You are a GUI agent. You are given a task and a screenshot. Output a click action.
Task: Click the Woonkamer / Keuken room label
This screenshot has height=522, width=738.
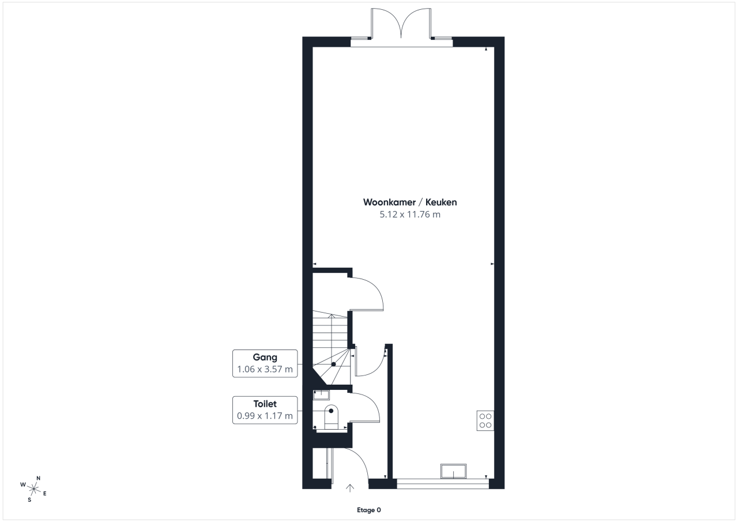(x=410, y=202)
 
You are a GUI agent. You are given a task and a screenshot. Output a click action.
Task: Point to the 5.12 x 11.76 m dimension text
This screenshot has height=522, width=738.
(x=410, y=215)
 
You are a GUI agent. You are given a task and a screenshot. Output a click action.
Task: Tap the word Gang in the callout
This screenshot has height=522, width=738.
(x=265, y=358)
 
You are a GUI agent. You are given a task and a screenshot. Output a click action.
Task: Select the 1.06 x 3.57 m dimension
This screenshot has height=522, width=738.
(x=265, y=369)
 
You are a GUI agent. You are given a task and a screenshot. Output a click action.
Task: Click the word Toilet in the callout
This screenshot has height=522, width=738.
(x=265, y=404)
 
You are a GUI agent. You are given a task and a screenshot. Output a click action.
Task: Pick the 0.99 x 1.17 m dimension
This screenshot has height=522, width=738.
(x=265, y=416)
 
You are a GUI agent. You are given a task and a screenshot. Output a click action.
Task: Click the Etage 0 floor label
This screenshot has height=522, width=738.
(x=368, y=510)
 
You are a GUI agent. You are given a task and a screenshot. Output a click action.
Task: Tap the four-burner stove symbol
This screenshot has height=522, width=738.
(x=485, y=420)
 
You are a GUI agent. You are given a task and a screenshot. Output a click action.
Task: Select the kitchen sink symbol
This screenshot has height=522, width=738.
(x=453, y=471)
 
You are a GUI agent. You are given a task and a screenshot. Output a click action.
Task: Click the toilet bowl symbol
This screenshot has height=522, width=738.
(x=331, y=417)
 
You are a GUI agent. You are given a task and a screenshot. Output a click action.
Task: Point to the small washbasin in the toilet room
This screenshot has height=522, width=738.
(x=321, y=395)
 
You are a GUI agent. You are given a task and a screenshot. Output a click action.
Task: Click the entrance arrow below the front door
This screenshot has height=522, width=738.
(x=350, y=489)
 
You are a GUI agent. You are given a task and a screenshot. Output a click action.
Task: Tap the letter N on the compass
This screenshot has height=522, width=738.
(x=38, y=478)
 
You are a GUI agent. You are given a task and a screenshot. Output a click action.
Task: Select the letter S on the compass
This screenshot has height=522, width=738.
(x=29, y=500)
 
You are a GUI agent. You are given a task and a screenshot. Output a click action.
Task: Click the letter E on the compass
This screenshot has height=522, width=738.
(x=45, y=493)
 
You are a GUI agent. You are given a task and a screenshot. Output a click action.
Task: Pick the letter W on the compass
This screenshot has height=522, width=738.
(x=23, y=485)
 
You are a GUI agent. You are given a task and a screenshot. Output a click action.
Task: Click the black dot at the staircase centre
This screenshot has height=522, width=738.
(x=333, y=364)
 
